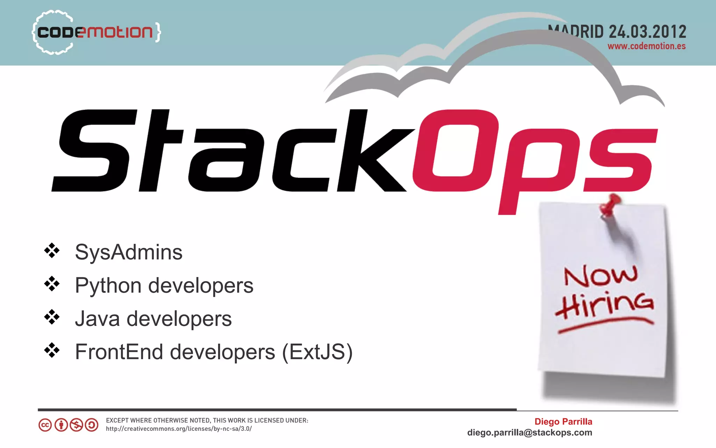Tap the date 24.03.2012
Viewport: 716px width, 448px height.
click(647, 32)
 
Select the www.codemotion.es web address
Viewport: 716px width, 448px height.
click(646, 46)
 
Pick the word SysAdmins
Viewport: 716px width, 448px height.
click(129, 252)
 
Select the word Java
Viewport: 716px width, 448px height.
click(97, 319)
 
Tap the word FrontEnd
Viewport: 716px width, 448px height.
click(119, 352)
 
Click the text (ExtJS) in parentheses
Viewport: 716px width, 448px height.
click(317, 352)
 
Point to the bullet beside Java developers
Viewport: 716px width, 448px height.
click(52, 317)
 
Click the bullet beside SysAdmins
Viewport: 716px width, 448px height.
click(52, 250)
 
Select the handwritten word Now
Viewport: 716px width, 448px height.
click(601, 275)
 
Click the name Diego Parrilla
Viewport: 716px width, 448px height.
click(563, 422)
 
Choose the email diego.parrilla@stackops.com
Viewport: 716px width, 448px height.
click(530, 433)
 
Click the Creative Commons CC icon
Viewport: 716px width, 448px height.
click(45, 425)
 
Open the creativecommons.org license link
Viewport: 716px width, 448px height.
click(179, 429)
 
